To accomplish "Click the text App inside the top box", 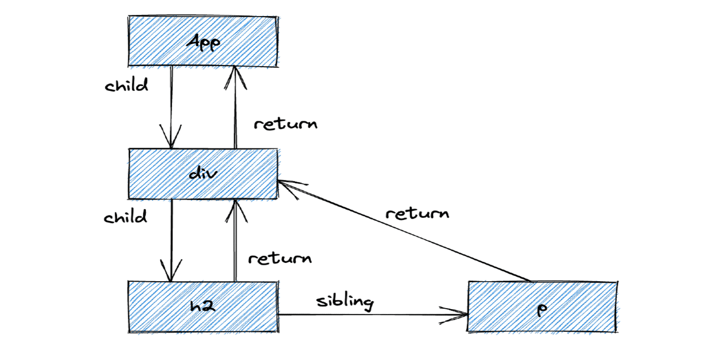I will coord(203,42).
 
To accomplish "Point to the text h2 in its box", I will coord(202,306).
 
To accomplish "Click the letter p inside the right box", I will coord(542,309).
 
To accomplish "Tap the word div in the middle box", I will coord(203,173).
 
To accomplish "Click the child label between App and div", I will coord(126,85).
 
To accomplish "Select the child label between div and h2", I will coord(126,217).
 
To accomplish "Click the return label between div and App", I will coord(285,124).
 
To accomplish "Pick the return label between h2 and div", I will coord(280,258).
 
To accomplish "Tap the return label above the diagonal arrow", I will coord(417,213).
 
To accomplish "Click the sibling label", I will coord(345,301).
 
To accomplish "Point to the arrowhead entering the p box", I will coord(459,315).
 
